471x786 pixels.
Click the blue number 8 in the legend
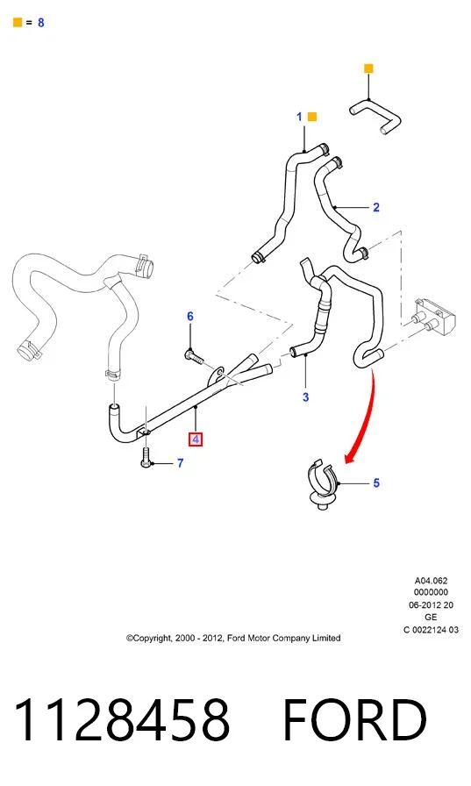point(40,23)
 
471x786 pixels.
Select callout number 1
point(299,117)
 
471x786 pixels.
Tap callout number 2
point(376,207)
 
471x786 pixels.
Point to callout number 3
point(305,397)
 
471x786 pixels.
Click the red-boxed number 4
point(196,439)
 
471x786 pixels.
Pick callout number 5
point(376,483)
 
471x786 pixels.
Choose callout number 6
point(190,317)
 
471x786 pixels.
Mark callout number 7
point(181,463)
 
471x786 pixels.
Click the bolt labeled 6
point(195,357)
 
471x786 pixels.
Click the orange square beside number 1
point(311,117)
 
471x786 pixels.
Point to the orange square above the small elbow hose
point(368,68)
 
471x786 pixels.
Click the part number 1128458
point(122,720)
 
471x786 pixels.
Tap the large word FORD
point(354,720)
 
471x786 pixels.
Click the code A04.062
point(431,581)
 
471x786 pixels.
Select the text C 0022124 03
point(431,630)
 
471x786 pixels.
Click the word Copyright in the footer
point(149,638)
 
